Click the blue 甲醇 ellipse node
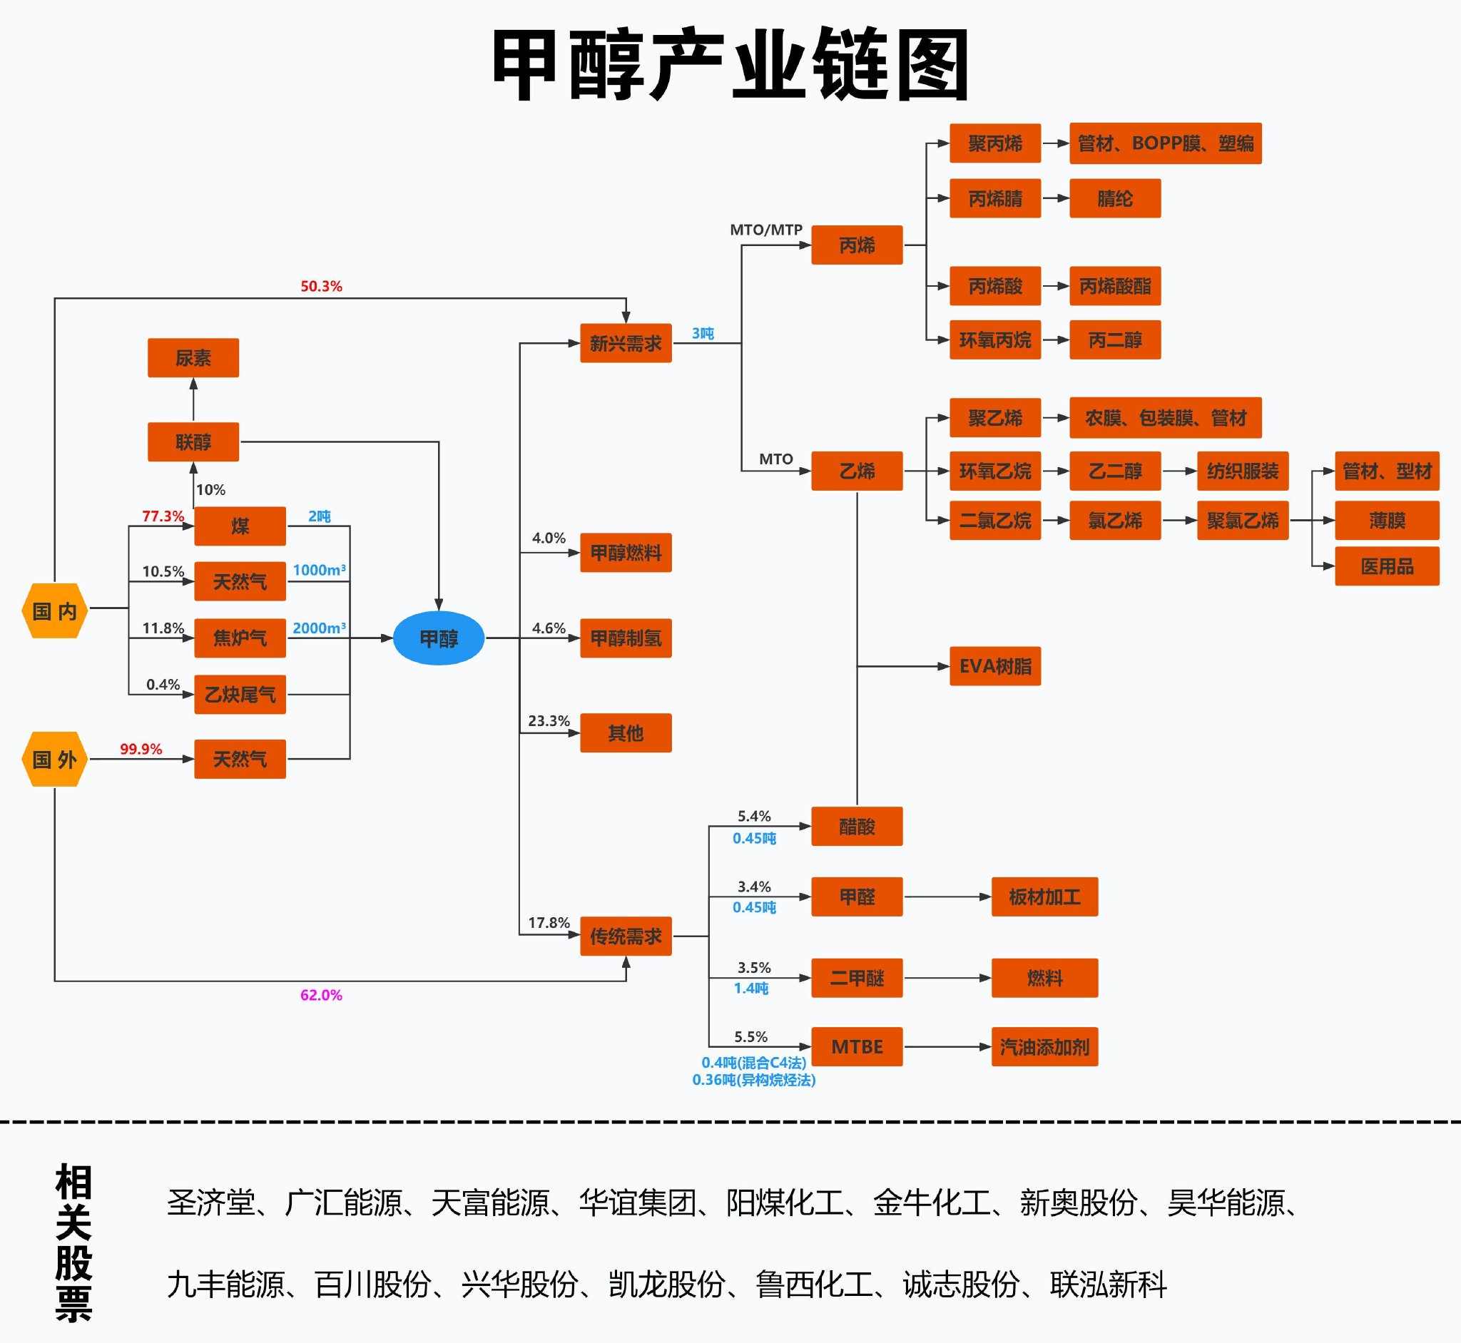click(x=438, y=638)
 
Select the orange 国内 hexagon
click(x=54, y=611)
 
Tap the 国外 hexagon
click(x=54, y=760)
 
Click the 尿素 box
click(x=193, y=357)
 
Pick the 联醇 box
click(x=193, y=442)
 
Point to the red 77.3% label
click(x=163, y=516)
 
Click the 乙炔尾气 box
click(x=240, y=695)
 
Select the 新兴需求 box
click(x=626, y=343)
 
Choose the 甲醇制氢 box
click(x=626, y=638)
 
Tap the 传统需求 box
click(x=626, y=936)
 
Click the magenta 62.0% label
click(x=321, y=995)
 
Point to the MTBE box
click(x=857, y=1046)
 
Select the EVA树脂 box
click(x=995, y=665)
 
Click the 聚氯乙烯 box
click(x=1242, y=521)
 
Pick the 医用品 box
click(x=1387, y=566)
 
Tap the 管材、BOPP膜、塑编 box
click(x=1165, y=143)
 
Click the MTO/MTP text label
click(x=766, y=230)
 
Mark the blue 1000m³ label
click(x=319, y=570)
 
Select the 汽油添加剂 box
click(x=1044, y=1046)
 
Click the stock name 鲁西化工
click(x=814, y=1285)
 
